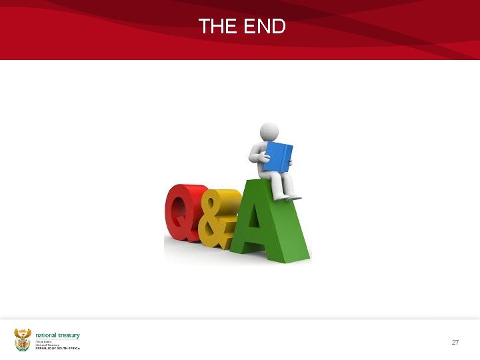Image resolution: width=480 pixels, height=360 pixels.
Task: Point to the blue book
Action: tap(279, 157)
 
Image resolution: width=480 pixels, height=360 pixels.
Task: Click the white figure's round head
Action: tap(269, 130)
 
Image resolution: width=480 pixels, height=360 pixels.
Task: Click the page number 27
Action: tap(455, 342)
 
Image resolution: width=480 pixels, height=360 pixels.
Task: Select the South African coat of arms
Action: tap(23, 339)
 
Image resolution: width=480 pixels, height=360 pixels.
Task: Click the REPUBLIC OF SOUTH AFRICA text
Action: tap(57, 349)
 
